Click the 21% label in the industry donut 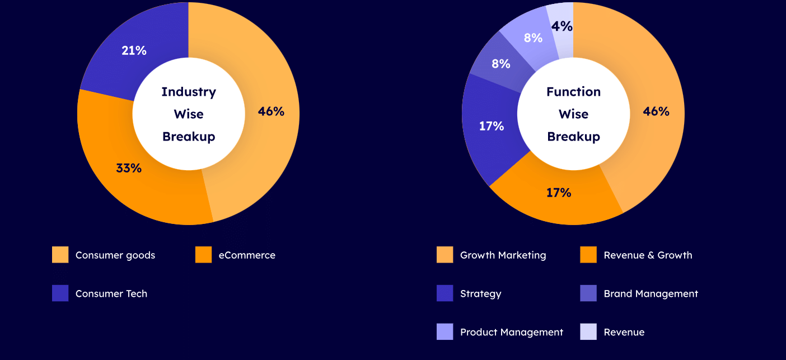coord(134,50)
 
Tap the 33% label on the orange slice coord(129,167)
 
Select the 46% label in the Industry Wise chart coord(271,111)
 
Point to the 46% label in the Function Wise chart coord(656,111)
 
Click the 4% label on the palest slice coord(562,26)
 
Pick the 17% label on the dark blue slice coord(492,126)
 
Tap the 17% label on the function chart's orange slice coord(559,193)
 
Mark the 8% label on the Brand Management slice coord(501,64)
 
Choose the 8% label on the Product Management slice coord(533,38)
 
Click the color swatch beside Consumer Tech coord(60,293)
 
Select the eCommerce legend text coord(247,255)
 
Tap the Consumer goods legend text coord(115,255)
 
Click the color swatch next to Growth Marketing coord(445,255)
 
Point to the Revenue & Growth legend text coord(648,255)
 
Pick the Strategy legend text coord(480,293)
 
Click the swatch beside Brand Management coord(588,293)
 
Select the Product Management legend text coord(512,332)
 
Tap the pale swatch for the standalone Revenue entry coord(588,332)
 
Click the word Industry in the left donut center coord(189,92)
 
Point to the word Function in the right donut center coord(573,92)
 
